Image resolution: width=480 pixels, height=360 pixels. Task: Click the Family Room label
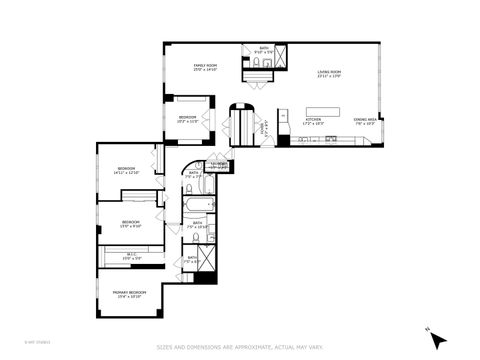(x=205, y=69)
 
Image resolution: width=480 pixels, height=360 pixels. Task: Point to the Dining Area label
(x=365, y=121)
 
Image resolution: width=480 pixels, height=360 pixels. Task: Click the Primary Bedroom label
(x=129, y=295)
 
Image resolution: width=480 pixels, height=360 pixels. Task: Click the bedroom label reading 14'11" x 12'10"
(x=126, y=170)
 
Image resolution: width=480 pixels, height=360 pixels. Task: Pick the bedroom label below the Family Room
(x=187, y=119)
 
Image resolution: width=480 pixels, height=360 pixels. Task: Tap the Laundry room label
(x=218, y=166)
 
